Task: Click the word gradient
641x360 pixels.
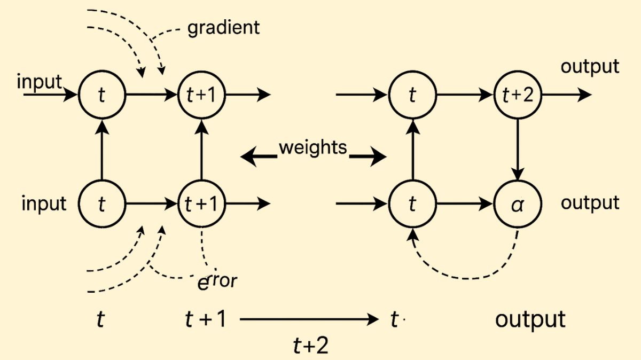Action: pos(223,27)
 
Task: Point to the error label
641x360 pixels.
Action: pos(216,281)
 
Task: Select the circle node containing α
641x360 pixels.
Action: pos(517,204)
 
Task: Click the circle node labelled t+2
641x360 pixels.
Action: pos(517,95)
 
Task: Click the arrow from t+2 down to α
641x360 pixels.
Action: pos(517,150)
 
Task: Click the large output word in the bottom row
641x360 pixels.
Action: pos(530,319)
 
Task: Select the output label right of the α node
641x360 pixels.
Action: pos(590,204)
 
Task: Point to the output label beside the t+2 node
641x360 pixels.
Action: pos(590,67)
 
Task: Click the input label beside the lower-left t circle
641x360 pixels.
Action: pos(44,204)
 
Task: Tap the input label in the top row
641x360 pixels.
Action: pos(40,82)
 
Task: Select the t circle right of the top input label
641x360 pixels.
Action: pos(101,95)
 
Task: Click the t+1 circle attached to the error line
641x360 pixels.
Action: pos(202,204)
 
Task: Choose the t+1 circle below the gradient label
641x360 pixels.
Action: pos(202,95)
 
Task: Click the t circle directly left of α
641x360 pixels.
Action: pos(412,204)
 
